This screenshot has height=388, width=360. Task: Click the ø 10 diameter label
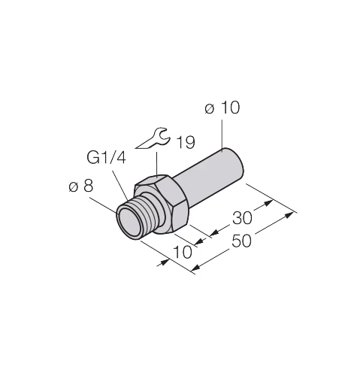[222, 108]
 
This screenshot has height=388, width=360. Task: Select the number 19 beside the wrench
[186, 142]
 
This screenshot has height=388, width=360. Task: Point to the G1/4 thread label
[106, 157]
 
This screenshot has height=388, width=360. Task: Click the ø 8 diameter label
[81, 186]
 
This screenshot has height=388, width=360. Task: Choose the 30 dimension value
[242, 218]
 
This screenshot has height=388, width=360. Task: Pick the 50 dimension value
[241, 241]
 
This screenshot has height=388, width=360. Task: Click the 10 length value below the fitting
[183, 252]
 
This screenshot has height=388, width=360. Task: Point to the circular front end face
[129, 223]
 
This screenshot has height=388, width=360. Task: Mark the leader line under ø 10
[222, 135]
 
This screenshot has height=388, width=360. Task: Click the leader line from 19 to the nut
[157, 165]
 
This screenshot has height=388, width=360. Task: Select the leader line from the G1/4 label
[120, 186]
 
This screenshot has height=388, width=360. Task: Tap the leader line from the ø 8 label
[103, 205]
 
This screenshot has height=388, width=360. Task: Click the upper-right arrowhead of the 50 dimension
[289, 215]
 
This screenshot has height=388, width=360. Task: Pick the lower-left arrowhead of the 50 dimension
[196, 268]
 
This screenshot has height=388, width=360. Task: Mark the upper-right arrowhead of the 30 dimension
[268, 203]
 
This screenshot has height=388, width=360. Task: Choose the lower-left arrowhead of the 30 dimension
[214, 233]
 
